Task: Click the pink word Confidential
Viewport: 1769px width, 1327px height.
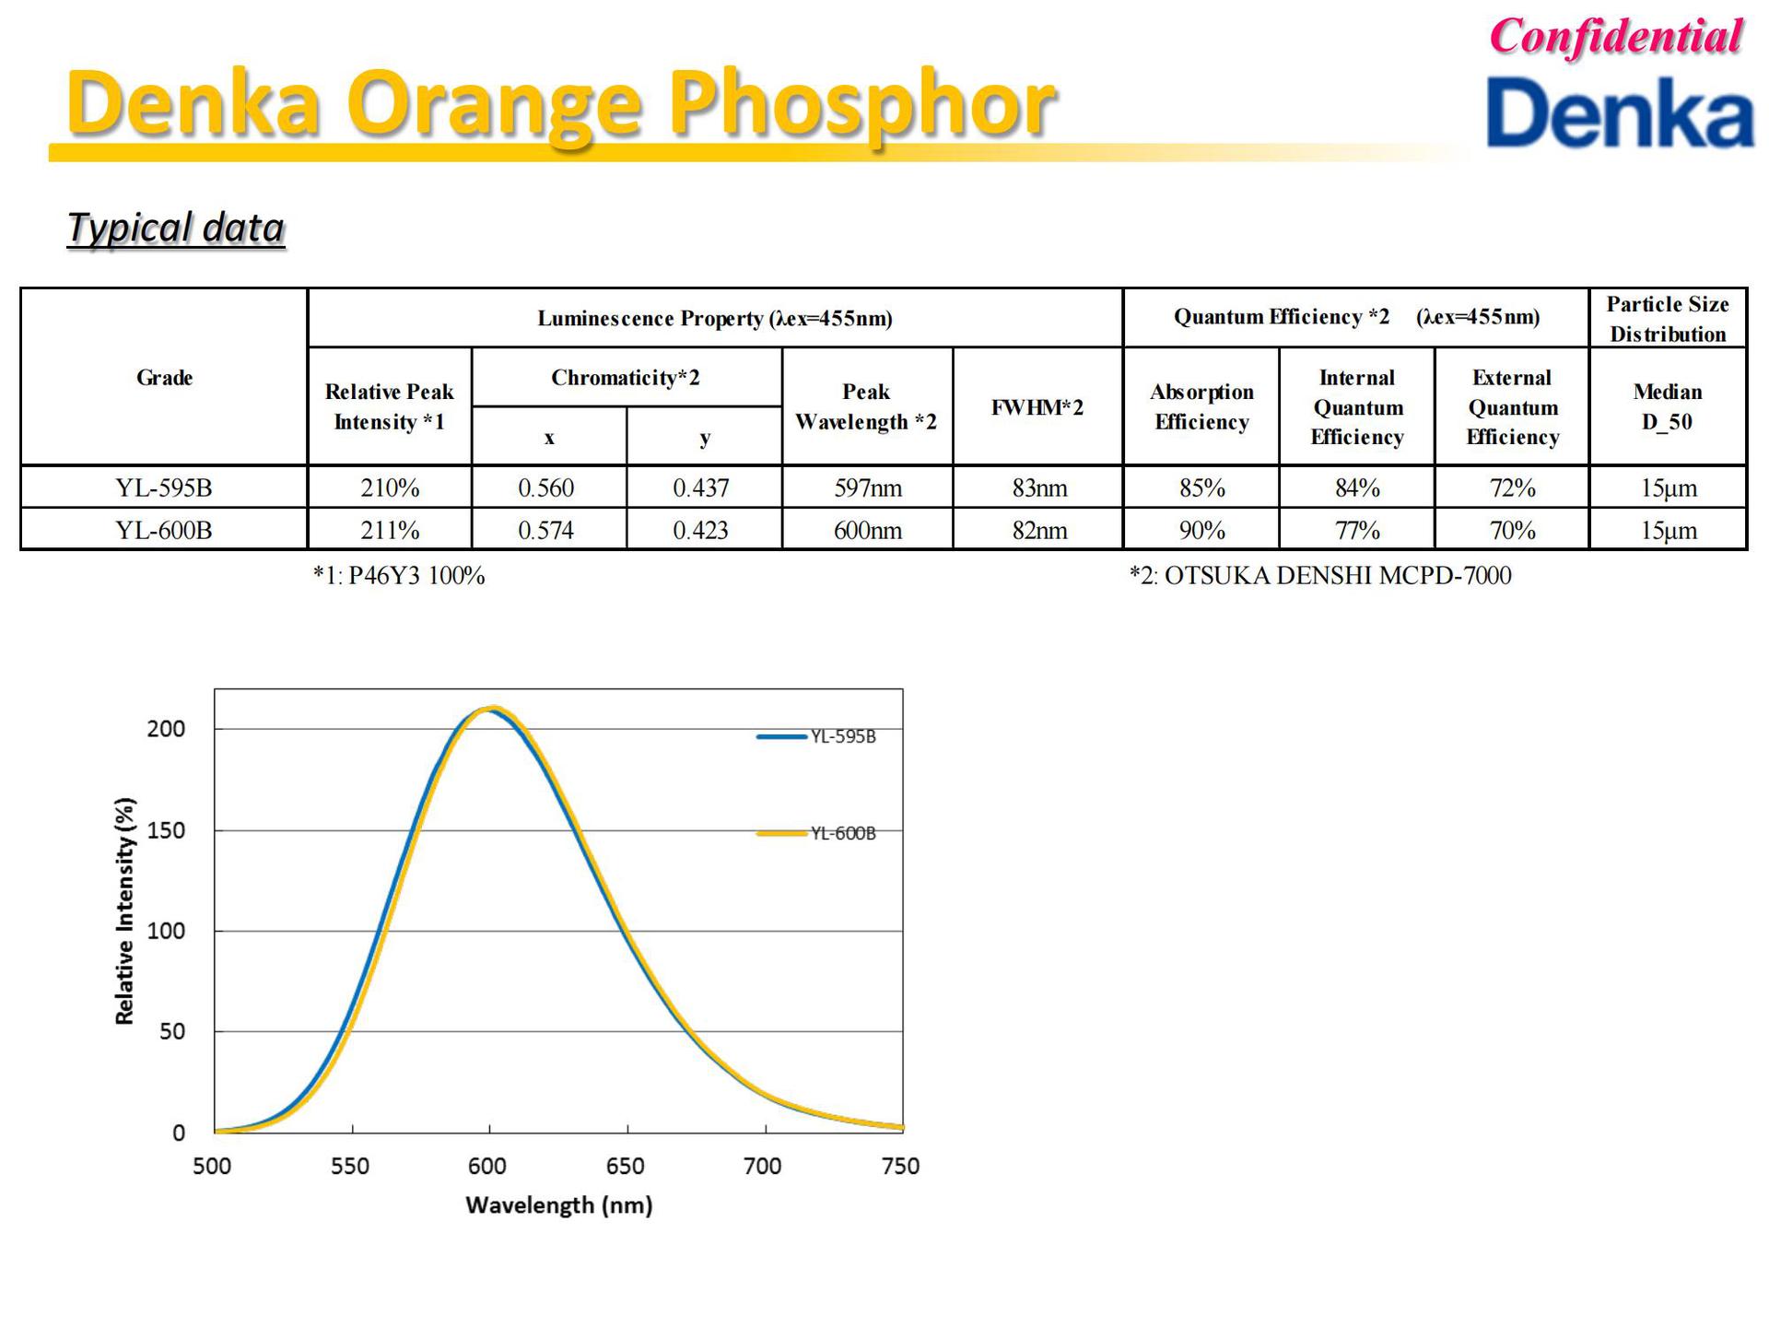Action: click(x=1615, y=38)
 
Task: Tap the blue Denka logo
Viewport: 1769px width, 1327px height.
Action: click(x=1619, y=113)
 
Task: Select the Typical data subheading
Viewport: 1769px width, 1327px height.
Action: click(x=176, y=228)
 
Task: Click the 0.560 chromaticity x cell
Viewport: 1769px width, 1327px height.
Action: click(x=546, y=487)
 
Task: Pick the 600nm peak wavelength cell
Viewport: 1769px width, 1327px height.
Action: click(x=867, y=531)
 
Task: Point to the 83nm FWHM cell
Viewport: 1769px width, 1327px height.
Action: click(x=1039, y=487)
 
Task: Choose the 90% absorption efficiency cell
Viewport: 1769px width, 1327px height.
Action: click(x=1201, y=531)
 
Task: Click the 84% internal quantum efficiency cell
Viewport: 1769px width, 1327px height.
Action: click(x=1357, y=487)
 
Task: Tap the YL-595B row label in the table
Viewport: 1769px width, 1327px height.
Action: click(x=164, y=487)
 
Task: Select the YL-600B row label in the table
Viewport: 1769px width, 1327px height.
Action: click(x=164, y=531)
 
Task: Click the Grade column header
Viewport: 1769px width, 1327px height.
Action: click(x=164, y=378)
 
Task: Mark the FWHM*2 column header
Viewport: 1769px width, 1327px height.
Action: click(x=1037, y=407)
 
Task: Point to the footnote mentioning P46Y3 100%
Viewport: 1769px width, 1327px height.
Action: click(x=399, y=576)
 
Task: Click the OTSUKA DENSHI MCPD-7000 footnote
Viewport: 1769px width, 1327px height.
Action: click(x=1320, y=576)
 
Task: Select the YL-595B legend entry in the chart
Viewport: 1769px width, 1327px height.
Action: click(x=842, y=736)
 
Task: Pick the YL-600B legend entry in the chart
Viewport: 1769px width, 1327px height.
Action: click(x=842, y=833)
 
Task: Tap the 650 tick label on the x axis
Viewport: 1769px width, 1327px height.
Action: click(x=626, y=1167)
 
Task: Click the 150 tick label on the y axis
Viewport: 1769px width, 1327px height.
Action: click(x=166, y=830)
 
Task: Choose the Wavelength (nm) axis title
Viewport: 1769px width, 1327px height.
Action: click(x=559, y=1205)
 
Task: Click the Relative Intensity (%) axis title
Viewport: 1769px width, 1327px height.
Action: click(x=124, y=910)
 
